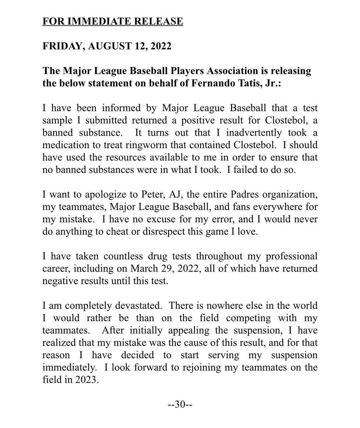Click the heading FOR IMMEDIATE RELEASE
point(112,21)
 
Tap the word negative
point(58,281)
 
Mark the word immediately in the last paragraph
point(67,368)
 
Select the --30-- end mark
point(180,405)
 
